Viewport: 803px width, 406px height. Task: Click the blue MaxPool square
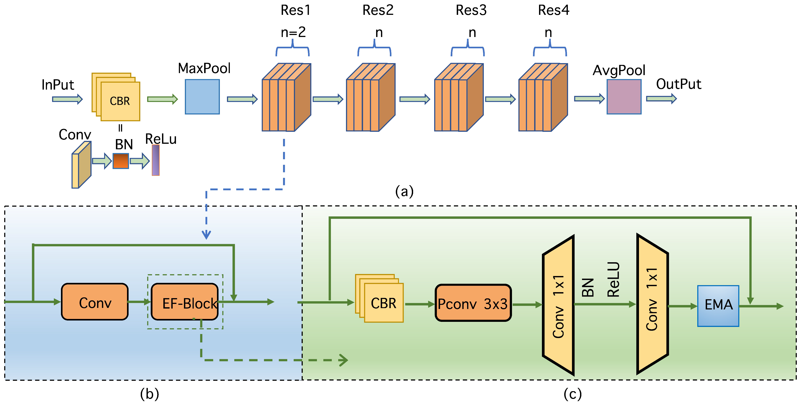click(202, 97)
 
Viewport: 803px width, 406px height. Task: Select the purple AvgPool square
click(624, 97)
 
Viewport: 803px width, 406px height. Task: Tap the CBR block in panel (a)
click(120, 101)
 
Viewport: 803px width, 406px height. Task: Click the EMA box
click(718, 306)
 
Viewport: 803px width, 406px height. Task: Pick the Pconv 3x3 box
click(473, 303)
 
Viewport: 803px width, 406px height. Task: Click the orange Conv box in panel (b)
click(95, 302)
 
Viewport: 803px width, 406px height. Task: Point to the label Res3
click(471, 10)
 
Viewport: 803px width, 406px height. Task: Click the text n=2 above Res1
click(293, 32)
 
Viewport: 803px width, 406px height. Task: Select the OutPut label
click(679, 84)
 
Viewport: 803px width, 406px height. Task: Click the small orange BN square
click(121, 161)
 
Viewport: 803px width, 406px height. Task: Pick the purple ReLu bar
click(156, 160)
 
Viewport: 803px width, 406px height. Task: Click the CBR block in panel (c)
click(383, 303)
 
